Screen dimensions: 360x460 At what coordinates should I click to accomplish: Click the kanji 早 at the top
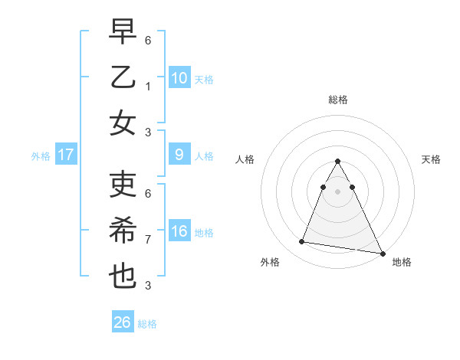click(x=123, y=31)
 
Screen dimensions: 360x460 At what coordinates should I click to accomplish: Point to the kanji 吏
click(x=123, y=184)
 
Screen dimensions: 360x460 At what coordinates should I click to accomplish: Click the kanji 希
click(x=123, y=230)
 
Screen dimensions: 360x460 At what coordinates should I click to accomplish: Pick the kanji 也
click(x=123, y=276)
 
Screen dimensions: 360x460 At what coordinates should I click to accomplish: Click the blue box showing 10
click(x=179, y=78)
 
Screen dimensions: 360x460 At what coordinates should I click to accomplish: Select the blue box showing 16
click(x=179, y=232)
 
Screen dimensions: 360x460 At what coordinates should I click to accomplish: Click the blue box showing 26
click(x=122, y=322)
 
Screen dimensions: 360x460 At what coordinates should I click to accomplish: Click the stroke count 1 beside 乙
click(x=148, y=87)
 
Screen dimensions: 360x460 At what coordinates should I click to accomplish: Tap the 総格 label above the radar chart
click(x=337, y=100)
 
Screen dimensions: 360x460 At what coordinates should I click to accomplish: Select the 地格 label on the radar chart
click(x=402, y=262)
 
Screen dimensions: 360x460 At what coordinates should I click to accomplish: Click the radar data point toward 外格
click(x=302, y=242)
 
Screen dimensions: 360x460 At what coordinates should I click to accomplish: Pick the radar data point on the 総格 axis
click(x=337, y=162)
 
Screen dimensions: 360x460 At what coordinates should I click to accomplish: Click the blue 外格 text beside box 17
click(x=41, y=156)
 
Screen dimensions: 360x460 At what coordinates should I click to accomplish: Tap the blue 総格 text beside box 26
click(x=147, y=324)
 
